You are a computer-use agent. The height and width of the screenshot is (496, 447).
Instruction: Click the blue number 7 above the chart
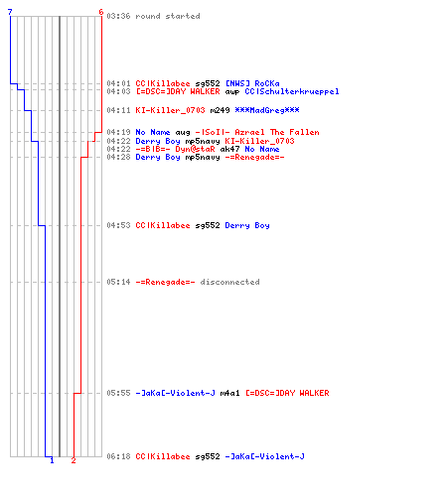[x=10, y=12]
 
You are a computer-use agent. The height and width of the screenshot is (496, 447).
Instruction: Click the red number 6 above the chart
[x=101, y=12]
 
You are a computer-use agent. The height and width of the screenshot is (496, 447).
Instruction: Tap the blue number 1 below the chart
[x=52, y=460]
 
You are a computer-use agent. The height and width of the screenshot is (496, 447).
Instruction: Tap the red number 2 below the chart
[x=74, y=460]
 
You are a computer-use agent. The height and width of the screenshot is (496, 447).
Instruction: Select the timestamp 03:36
[x=118, y=16]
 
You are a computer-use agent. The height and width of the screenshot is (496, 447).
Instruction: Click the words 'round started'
[x=168, y=16]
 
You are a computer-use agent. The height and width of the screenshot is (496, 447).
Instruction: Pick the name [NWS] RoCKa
[x=252, y=83]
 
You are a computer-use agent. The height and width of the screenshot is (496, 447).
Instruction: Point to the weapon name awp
[x=232, y=91]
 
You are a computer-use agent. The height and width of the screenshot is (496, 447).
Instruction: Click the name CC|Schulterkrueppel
[x=292, y=91]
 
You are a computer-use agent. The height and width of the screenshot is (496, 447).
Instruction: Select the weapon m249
[x=220, y=110]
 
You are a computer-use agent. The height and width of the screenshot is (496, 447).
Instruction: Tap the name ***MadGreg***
[x=267, y=110]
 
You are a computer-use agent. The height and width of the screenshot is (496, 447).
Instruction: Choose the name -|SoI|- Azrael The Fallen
[x=257, y=132]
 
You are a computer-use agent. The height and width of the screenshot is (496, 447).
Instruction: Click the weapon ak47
[x=229, y=149]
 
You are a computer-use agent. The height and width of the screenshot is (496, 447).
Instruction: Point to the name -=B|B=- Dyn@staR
[x=175, y=149]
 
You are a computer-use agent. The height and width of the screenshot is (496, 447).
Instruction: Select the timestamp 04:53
[x=118, y=225]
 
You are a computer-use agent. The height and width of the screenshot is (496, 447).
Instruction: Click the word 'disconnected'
[x=229, y=282]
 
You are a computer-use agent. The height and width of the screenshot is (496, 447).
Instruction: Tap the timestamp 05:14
[x=118, y=282]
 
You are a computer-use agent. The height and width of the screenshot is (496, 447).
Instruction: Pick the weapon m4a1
[x=229, y=393]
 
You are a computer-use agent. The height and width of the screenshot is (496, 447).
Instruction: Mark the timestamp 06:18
[x=118, y=456]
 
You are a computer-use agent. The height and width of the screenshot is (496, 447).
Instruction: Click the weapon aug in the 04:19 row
[x=183, y=133]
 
